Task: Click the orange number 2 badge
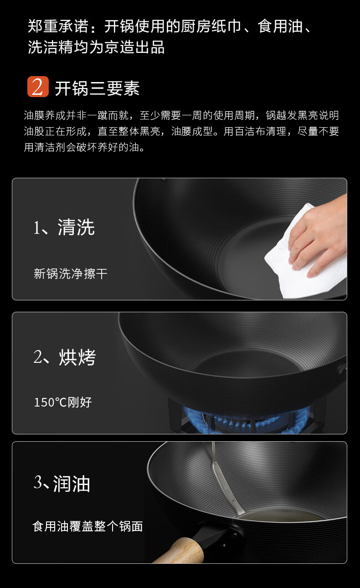pos(38,87)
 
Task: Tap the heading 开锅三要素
pos(97,88)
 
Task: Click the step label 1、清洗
pos(64,227)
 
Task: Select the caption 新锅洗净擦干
pos(70,273)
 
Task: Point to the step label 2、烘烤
pos(65,357)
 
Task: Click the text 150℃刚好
pos(63,402)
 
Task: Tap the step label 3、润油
pos(62,483)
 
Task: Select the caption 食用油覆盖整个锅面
pos(87,526)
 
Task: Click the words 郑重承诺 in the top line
pos(58,26)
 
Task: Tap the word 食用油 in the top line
pos(280,26)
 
